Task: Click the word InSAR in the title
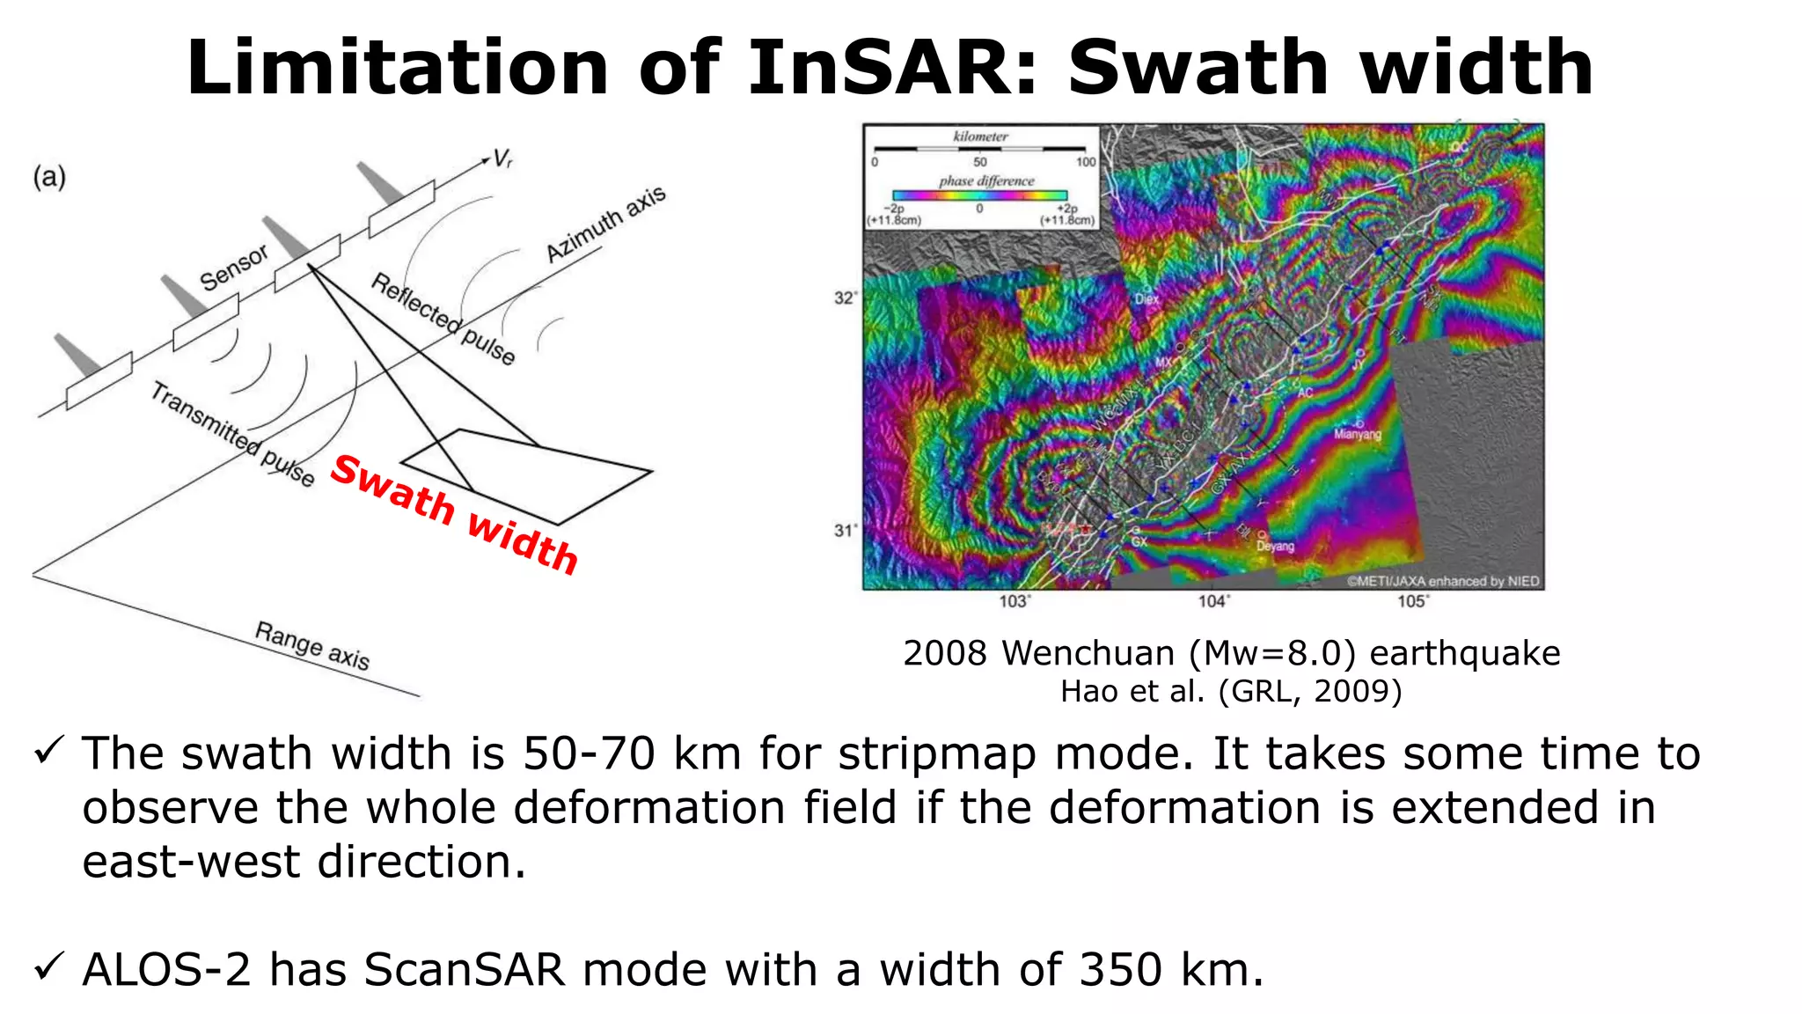click(893, 68)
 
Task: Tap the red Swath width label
click(454, 513)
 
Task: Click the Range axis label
click(312, 645)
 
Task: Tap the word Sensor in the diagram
click(233, 268)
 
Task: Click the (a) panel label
click(49, 177)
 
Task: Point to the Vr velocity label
click(502, 158)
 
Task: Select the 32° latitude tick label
click(845, 298)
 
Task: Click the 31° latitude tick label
click(845, 530)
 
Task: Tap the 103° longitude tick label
click(1015, 601)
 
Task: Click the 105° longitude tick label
click(1413, 601)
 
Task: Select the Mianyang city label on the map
click(1358, 434)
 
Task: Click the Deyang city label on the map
click(1275, 546)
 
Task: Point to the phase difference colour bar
click(979, 195)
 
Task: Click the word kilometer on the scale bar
click(980, 136)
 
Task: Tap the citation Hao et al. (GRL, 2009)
click(1231, 692)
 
